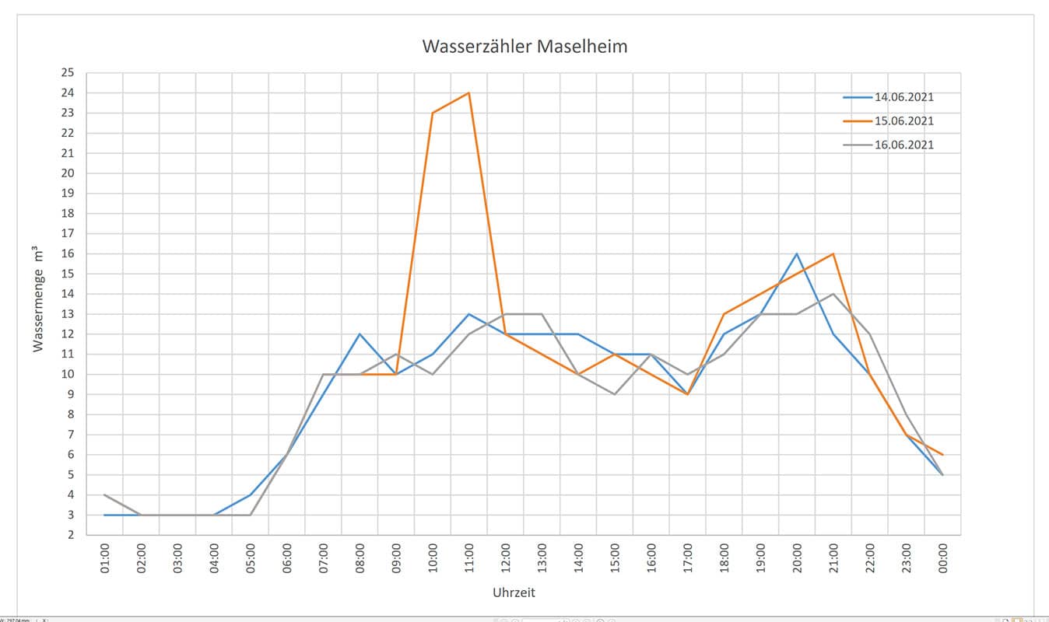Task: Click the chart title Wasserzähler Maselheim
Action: coord(524,47)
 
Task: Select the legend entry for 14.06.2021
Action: coord(903,97)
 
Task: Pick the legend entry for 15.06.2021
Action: coord(903,121)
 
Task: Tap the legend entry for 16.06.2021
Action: coord(903,145)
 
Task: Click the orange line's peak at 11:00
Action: coord(468,93)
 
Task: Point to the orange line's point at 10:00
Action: coord(433,114)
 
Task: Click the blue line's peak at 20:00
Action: coord(797,254)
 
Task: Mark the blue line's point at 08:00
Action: coord(360,334)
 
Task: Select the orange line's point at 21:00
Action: coord(833,254)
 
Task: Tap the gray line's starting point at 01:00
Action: coord(104,494)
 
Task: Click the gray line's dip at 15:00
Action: coord(615,394)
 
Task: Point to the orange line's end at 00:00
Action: coord(942,455)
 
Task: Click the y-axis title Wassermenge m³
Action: coord(37,299)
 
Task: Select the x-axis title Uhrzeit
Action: coord(514,592)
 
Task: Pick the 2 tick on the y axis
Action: coord(69,535)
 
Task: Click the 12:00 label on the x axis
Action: coord(506,559)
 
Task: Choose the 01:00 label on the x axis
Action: coord(105,559)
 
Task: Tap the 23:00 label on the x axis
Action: coord(907,559)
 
